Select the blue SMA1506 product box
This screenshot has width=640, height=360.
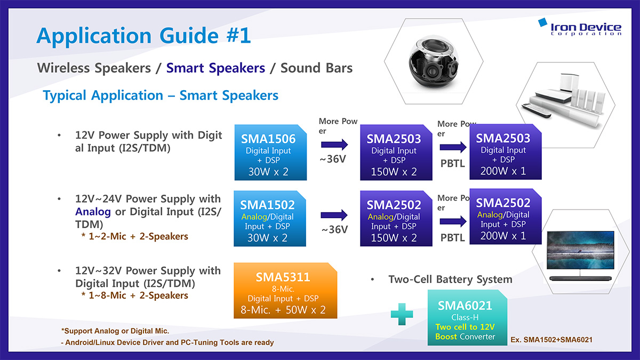(270, 153)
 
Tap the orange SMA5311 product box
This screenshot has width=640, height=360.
(285, 290)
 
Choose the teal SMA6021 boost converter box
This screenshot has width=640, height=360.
(467, 317)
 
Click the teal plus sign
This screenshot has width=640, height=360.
(402, 314)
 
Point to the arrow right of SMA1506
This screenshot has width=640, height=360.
(334, 145)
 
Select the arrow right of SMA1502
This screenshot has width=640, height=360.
(334, 215)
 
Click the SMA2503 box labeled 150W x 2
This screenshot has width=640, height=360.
(396, 153)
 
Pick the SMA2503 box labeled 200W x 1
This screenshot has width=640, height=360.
(506, 151)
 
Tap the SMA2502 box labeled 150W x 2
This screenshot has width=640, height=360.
(396, 218)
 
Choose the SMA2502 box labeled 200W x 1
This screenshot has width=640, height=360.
(506, 217)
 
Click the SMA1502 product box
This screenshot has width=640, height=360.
(270, 218)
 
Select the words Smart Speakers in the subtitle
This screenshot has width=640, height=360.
(215, 68)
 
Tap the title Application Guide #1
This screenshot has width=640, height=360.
(143, 35)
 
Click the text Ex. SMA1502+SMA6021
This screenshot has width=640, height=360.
(551, 340)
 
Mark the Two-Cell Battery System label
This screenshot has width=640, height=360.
(450, 279)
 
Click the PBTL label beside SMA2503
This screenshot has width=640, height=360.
(453, 163)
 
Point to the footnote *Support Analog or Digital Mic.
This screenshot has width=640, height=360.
(115, 331)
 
